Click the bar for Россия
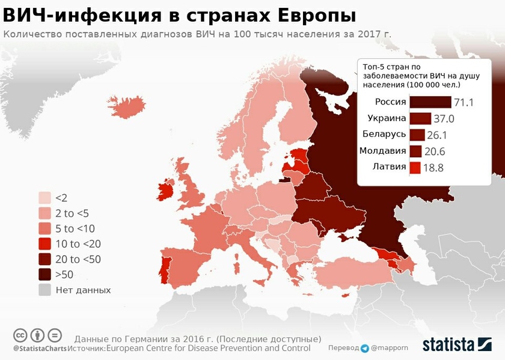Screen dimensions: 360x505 [x=430, y=102]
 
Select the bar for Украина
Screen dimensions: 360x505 [x=420, y=118]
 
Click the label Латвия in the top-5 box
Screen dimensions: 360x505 [x=389, y=166]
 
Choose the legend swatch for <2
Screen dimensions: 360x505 [x=45, y=198]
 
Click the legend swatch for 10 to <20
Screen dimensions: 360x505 [x=45, y=244]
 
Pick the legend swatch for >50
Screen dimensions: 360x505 [x=45, y=275]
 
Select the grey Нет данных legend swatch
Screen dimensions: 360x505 [x=45, y=290]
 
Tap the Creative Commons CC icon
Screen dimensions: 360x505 [x=20, y=335]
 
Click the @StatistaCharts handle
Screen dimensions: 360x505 [x=40, y=349]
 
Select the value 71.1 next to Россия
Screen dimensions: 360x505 [x=464, y=103]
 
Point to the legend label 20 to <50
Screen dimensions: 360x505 [x=78, y=260]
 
